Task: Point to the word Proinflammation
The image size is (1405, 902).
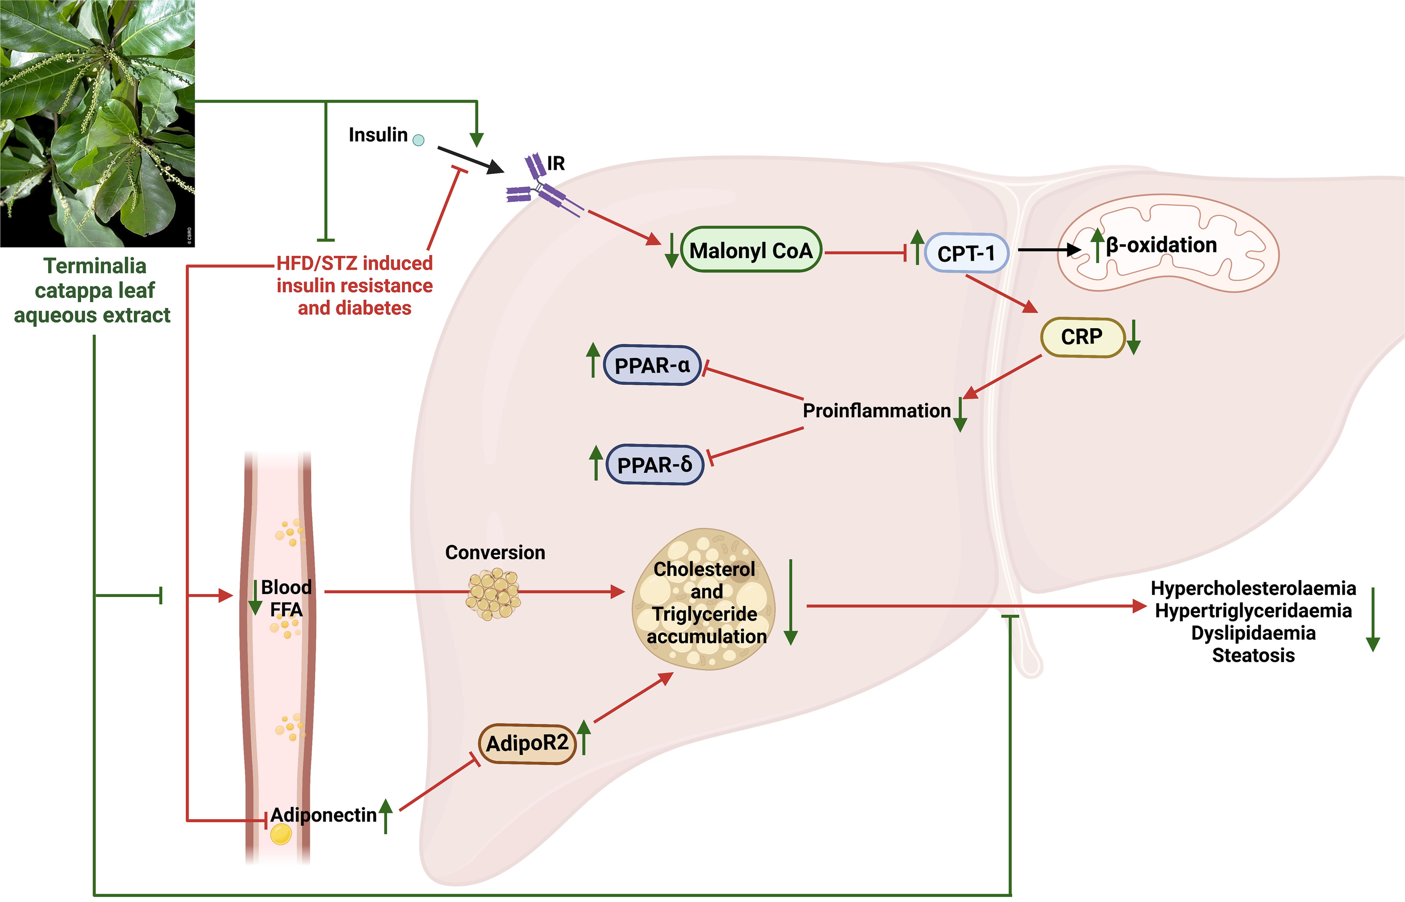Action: tap(876, 411)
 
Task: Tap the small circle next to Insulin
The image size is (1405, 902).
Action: tap(418, 140)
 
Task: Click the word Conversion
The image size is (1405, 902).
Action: tap(495, 552)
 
